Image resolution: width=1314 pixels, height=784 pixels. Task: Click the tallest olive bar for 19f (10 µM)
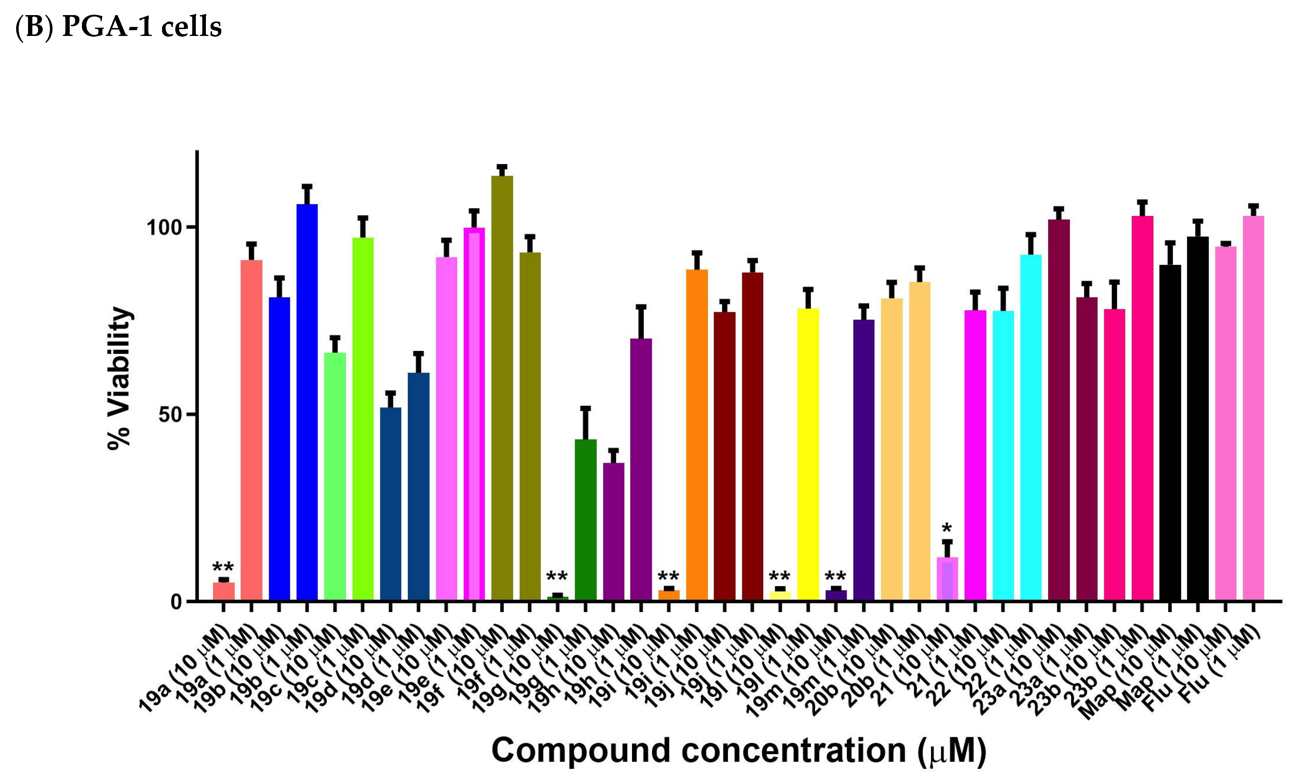(502, 388)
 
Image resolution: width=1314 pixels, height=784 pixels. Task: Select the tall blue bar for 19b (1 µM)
(307, 401)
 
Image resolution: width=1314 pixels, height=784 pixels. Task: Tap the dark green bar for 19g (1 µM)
(585, 520)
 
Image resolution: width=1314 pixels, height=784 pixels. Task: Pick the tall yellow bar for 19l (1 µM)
(807, 455)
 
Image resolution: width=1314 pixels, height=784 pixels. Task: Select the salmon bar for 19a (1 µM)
(252, 430)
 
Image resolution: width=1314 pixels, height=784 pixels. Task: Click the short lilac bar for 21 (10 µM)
(947, 579)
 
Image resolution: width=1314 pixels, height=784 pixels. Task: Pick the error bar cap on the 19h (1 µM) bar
(641, 307)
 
